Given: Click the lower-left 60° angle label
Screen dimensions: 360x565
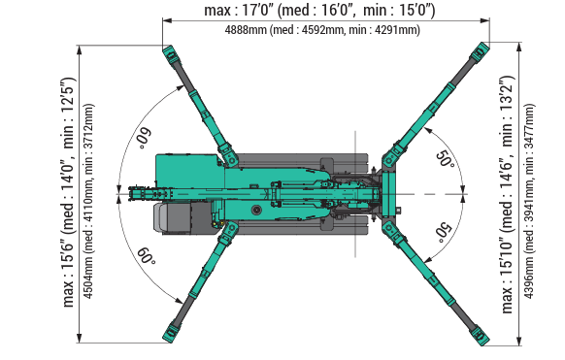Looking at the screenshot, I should (x=146, y=256).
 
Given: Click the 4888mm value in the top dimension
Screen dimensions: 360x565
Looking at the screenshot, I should (x=247, y=30).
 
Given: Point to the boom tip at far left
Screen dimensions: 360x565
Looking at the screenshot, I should (x=122, y=195).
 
